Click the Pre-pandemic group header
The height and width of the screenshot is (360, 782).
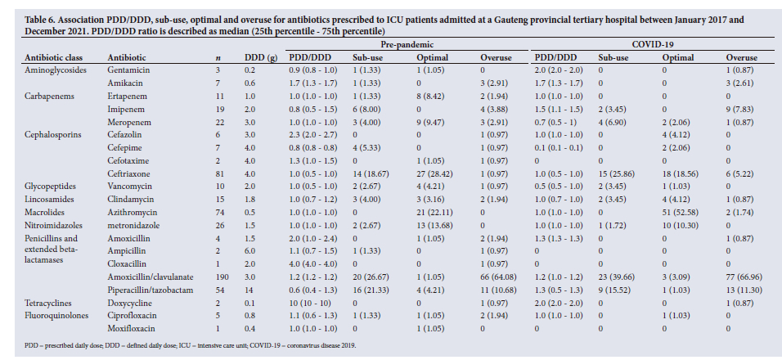[x=407, y=44]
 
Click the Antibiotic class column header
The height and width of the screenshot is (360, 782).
[x=54, y=58]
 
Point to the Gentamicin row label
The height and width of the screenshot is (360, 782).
[x=128, y=70]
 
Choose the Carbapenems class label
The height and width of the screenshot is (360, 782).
[x=49, y=97]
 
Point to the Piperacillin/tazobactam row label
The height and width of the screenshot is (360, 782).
[x=151, y=290]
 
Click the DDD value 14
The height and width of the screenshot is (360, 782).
[x=249, y=290]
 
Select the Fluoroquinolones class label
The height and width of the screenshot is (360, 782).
[x=56, y=316]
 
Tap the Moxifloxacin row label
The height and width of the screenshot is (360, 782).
[x=131, y=329]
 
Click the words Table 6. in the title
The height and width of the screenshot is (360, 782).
[x=39, y=20]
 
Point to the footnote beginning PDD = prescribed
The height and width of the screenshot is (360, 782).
[x=190, y=345]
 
